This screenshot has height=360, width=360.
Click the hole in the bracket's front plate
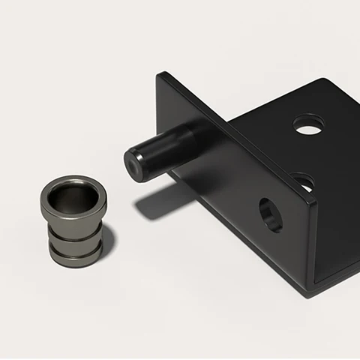270,214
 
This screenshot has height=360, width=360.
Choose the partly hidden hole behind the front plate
304,180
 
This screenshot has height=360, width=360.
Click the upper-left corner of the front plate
160,74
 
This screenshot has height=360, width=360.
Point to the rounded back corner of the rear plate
324,81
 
